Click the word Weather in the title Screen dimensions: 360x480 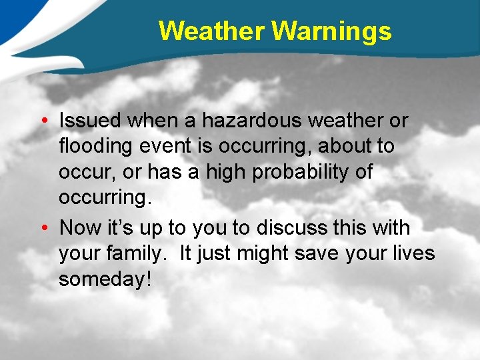(x=213, y=31)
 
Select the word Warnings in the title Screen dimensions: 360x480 (x=332, y=31)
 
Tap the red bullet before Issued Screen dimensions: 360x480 (x=42, y=121)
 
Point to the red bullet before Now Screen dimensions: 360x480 (x=42, y=228)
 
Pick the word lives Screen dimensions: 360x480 (x=412, y=254)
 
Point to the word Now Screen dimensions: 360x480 (x=79, y=228)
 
